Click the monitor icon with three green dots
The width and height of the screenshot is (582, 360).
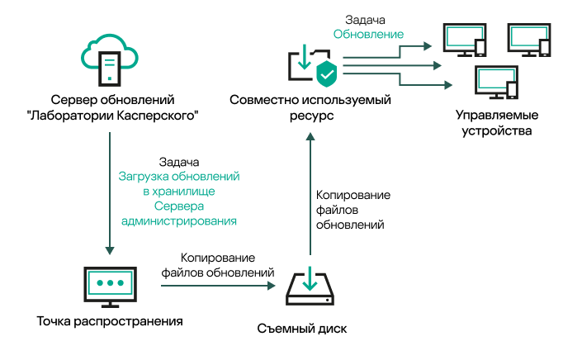[109, 285]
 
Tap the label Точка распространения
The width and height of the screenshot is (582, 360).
[109, 320]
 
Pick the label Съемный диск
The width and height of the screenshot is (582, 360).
[309, 329]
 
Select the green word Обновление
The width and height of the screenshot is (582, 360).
[368, 35]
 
